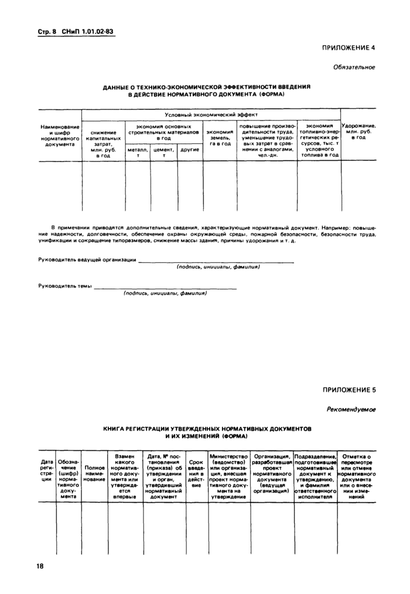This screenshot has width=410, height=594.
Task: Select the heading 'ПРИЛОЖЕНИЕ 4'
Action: tap(348, 47)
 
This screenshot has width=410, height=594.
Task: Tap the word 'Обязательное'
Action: tap(354, 67)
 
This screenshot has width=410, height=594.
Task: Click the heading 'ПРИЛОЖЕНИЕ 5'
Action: tap(348, 390)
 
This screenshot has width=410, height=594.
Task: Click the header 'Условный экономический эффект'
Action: tap(211, 115)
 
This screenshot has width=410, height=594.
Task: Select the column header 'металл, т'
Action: tap(138, 153)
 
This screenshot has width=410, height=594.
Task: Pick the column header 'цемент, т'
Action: tap(164, 153)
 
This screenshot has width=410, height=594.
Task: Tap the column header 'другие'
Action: tap(190, 150)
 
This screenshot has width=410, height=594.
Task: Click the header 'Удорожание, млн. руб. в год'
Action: tap(358, 132)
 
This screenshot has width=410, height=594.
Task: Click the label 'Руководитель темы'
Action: tap(65, 286)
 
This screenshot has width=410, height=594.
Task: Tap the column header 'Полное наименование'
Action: tap(94, 473)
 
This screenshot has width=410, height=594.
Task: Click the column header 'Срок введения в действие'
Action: tap(196, 473)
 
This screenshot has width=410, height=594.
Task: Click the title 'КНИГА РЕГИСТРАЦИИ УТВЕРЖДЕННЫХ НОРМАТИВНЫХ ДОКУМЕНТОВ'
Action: tap(207, 429)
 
